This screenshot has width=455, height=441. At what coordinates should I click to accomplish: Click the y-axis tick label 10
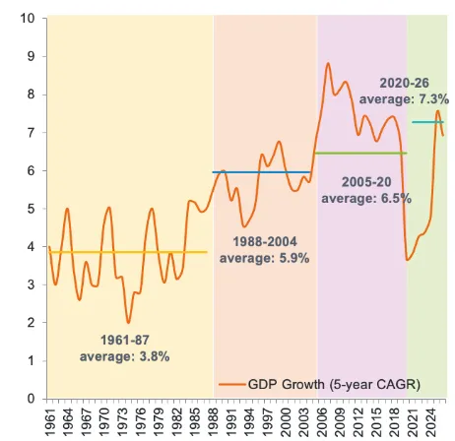[x=28, y=18]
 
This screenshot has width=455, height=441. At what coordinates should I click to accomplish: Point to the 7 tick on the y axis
[x=31, y=133]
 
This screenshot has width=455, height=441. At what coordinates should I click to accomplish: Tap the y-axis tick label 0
[x=31, y=399]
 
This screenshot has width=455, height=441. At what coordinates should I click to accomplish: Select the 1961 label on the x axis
[x=50, y=422]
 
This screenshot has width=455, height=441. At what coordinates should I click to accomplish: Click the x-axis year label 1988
[x=214, y=422]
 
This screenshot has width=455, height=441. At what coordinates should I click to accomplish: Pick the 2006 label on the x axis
[x=323, y=422]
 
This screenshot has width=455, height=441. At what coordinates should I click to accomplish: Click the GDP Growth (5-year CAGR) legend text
[x=334, y=384]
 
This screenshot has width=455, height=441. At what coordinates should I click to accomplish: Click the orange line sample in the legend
[x=232, y=385]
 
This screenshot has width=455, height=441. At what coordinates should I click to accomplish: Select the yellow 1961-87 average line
[x=128, y=252]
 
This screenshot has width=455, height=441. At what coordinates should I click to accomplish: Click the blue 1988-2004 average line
[x=261, y=172]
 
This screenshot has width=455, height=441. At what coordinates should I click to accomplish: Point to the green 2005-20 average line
[x=360, y=154]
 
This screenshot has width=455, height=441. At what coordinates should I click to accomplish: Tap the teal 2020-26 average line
[x=428, y=122]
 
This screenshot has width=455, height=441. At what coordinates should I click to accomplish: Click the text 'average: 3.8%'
[x=125, y=356]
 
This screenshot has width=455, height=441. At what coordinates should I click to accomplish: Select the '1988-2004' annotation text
[x=265, y=242]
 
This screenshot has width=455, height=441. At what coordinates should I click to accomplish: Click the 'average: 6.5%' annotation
[x=366, y=199]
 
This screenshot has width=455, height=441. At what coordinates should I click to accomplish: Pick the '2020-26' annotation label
[x=404, y=83]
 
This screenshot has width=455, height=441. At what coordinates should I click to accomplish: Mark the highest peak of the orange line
[x=328, y=63]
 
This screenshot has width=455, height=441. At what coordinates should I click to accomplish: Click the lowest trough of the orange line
[x=128, y=323]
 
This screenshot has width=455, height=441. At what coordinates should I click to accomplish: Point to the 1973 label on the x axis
[x=122, y=422]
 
